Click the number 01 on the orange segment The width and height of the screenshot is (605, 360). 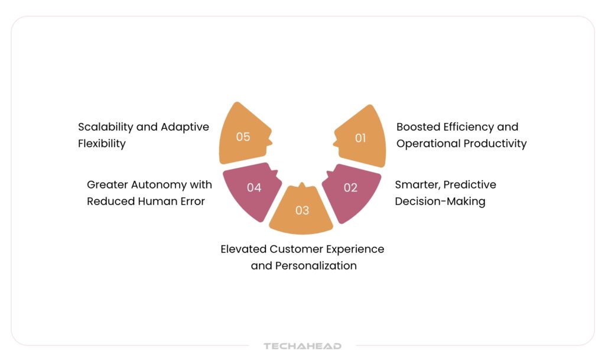pos(360,138)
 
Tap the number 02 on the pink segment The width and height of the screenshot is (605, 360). pos(350,187)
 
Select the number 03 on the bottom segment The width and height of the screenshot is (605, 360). pos(302,210)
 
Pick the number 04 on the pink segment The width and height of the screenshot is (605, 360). pos(254,187)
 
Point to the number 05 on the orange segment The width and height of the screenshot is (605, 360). pos(243,137)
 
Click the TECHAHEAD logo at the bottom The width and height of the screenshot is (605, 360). pos(302,346)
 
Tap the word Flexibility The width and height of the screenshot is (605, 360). pos(102,144)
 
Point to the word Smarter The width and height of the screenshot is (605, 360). pos(418,185)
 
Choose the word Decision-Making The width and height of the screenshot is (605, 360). pos(440,202)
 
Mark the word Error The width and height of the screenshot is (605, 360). pos(194,202)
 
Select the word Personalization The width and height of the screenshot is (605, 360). pos(316,266)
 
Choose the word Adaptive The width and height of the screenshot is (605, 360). pos(185,127)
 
